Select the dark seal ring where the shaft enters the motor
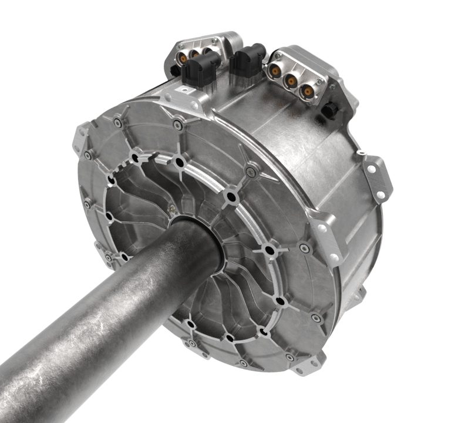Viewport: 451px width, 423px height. coord(203,235)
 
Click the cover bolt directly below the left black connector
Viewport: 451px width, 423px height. coord(176,122)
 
